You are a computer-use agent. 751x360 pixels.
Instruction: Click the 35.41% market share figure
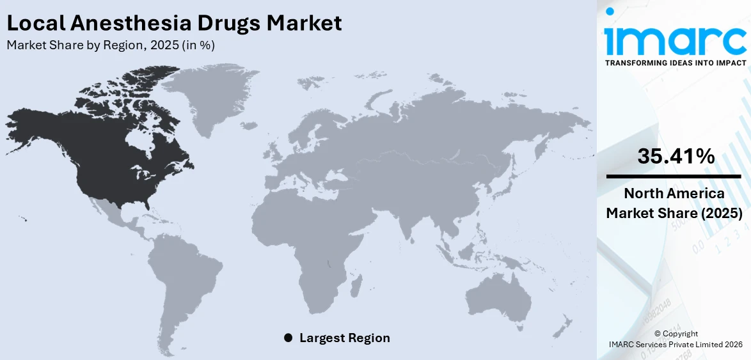pos(676,155)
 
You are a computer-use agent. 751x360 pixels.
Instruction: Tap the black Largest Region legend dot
pos(288,338)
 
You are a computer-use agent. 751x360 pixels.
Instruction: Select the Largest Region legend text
pos(344,338)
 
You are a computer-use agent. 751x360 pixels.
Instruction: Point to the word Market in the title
pos(304,23)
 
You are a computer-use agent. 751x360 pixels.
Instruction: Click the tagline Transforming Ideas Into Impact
pos(676,63)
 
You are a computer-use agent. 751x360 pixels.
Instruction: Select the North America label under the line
pos(674,194)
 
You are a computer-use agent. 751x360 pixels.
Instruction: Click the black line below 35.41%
pos(674,176)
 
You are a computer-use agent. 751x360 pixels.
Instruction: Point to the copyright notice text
pos(676,339)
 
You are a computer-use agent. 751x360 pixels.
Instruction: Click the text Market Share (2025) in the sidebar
pos(674,214)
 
